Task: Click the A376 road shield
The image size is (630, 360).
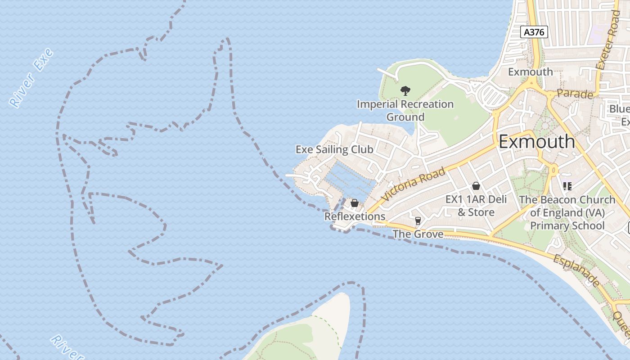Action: (x=534, y=32)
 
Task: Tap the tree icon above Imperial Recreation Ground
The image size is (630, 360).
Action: (x=405, y=91)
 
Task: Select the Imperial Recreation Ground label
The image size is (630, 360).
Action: (x=405, y=111)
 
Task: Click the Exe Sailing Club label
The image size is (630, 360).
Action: (x=334, y=149)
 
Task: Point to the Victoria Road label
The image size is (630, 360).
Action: (x=414, y=185)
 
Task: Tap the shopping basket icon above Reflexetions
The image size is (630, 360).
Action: (x=355, y=203)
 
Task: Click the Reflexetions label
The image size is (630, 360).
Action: (x=355, y=216)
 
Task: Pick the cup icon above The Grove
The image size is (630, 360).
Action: (x=418, y=220)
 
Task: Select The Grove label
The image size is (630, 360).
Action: (x=418, y=234)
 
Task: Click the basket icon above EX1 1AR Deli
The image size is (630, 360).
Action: (x=476, y=186)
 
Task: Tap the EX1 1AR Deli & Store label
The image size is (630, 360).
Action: (x=476, y=206)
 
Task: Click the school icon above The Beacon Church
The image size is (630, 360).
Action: (x=567, y=186)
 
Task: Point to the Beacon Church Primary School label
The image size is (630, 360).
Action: (x=567, y=212)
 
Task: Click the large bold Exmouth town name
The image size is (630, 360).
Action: (x=537, y=142)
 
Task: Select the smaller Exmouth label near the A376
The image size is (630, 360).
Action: (x=531, y=72)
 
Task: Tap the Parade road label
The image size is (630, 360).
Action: (x=575, y=94)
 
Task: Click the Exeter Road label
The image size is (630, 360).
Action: (x=607, y=40)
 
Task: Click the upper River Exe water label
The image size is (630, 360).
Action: (x=31, y=78)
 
